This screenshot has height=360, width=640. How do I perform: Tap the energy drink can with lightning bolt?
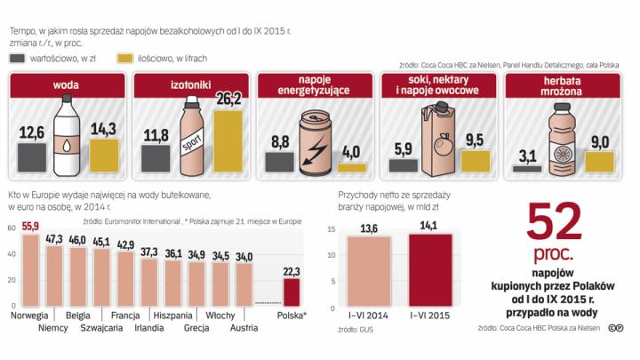point(315,143)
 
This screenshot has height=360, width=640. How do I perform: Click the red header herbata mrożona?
point(564,87)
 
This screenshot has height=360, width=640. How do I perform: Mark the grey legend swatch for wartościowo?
point(19,58)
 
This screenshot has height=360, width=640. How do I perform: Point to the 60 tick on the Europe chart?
point(11,228)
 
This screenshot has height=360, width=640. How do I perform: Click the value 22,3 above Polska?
point(292,270)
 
